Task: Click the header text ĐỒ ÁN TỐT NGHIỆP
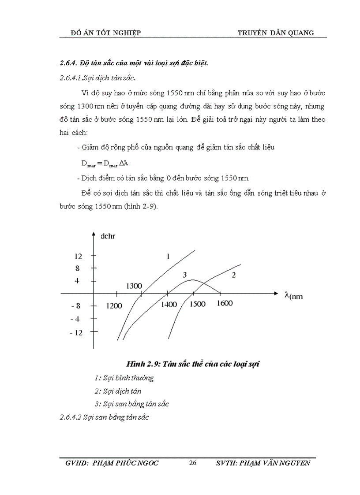[x=106, y=33]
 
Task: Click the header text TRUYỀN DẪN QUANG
[x=276, y=33]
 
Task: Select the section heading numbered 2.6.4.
[x=134, y=63]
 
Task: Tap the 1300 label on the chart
[x=134, y=286]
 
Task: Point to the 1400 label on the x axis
[x=169, y=305]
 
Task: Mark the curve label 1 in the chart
[x=168, y=257]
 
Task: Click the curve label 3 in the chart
[x=185, y=275]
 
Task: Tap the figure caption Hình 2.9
[x=194, y=364]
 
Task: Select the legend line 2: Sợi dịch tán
[x=118, y=391]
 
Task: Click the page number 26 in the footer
[x=192, y=463]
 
